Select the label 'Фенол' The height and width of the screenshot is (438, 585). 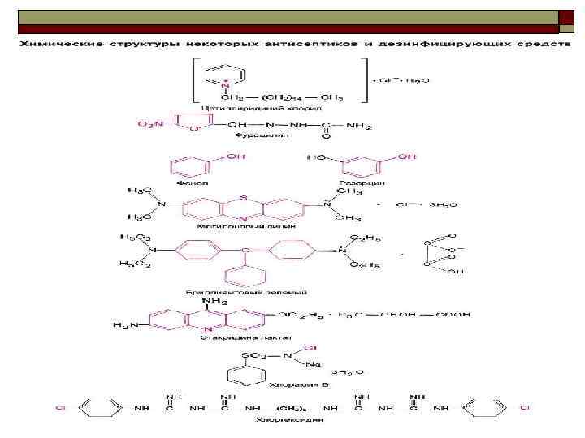pyautogui.click(x=197, y=182)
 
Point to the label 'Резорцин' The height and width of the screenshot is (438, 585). pyautogui.click(x=370, y=183)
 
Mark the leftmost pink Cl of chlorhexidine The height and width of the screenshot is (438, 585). pyautogui.click(x=60, y=408)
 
